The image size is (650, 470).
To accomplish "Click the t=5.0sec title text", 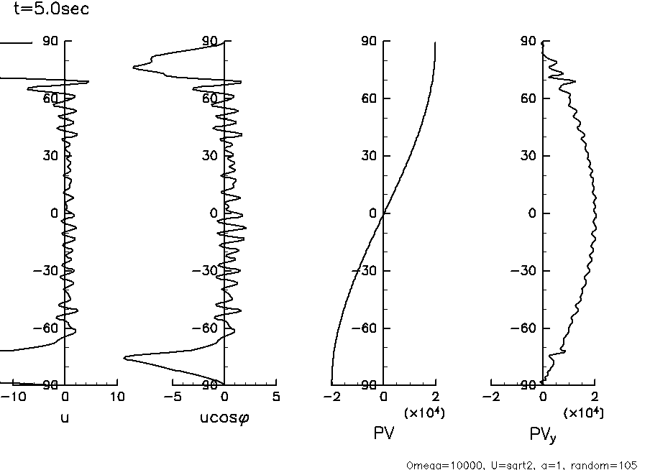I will pos(52,10).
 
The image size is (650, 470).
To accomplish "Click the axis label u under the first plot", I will pos(65,417).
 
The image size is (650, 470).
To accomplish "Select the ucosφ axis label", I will pos(224,417).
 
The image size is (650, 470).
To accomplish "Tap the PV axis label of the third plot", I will pos(383,433).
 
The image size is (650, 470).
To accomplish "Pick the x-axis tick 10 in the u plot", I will pos(117,396).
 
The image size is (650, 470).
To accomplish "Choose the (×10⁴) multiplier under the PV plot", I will pos(424,412).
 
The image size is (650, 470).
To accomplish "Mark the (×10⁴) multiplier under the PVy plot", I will pos(583,412).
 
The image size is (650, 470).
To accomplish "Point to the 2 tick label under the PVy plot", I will pos(595,396).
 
